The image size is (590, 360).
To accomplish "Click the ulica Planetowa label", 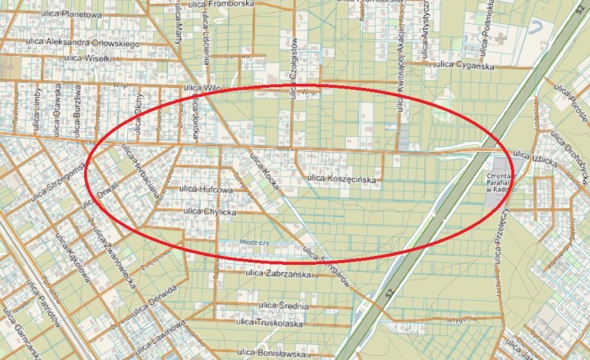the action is [x=74, y=14].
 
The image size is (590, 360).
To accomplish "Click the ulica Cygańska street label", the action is [x=464, y=66].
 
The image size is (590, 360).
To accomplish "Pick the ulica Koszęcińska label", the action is [x=341, y=179].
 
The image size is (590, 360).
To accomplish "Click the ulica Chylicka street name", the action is [x=210, y=211].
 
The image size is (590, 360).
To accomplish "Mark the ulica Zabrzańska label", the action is [x=278, y=274].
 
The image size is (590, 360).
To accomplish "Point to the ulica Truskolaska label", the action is [x=270, y=323].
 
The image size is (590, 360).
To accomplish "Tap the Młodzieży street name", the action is [x=255, y=241].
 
